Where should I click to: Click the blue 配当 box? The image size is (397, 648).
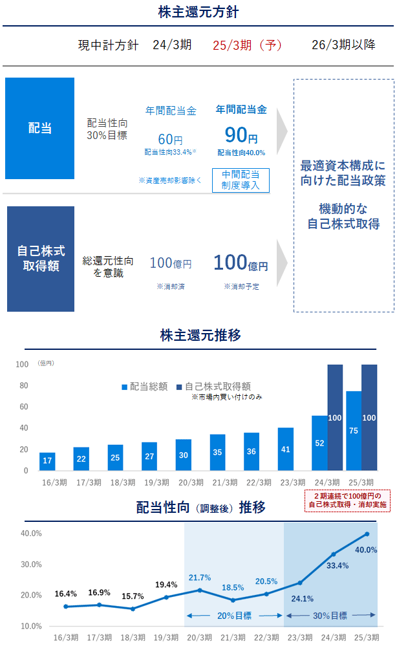[39, 128]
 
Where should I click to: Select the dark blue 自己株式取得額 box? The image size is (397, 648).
[41, 259]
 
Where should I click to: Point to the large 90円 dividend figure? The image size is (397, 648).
[241, 135]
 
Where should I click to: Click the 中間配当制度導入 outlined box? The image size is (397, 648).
[241, 180]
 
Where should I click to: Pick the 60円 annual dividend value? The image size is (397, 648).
[170, 138]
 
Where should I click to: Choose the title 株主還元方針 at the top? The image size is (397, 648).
[198, 12]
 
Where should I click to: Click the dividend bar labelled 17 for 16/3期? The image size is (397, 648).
[47, 462]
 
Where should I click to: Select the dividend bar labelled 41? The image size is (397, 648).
[286, 449]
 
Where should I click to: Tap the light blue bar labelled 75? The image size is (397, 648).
[354, 431]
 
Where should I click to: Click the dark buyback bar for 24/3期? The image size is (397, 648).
[335, 418]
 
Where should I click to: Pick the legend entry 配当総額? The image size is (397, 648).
[144, 387]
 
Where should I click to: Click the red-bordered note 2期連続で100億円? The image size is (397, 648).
[347, 499]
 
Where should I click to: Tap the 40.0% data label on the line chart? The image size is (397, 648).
[366, 550]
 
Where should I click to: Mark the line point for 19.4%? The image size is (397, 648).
[166, 597]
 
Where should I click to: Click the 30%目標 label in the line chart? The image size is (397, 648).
[330, 615]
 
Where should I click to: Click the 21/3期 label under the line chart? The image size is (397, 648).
[233, 637]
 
